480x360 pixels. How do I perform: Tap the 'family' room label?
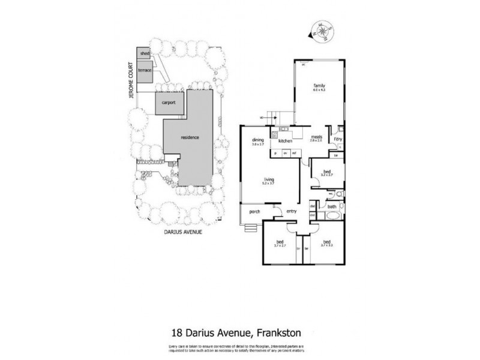318,86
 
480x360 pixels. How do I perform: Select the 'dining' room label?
258,140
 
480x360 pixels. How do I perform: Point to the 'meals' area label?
317,137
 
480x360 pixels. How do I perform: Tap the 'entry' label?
292,211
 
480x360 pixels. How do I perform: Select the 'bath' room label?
331,208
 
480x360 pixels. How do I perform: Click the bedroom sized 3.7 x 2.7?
280,242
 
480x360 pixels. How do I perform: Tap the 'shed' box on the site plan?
144,53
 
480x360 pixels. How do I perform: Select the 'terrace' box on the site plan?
145,70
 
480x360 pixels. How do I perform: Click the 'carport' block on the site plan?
167,103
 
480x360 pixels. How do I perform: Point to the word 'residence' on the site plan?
190,138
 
